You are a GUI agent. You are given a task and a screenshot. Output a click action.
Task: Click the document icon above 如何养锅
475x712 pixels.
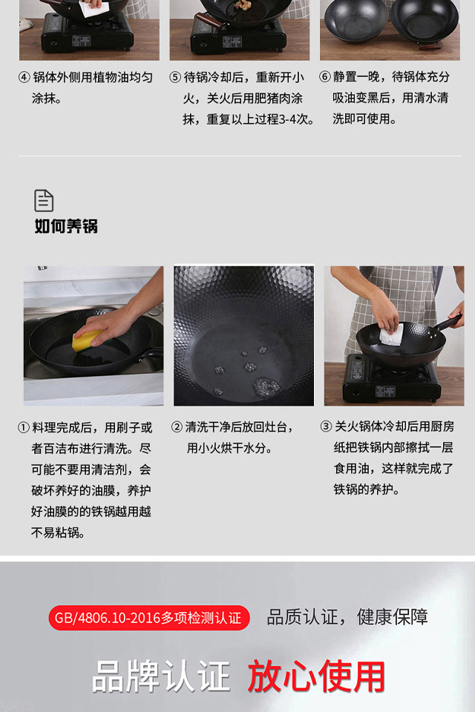pos(44,201)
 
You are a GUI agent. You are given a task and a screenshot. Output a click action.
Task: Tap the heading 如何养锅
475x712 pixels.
pos(66,225)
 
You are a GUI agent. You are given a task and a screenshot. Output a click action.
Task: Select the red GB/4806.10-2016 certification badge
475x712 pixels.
pos(149,618)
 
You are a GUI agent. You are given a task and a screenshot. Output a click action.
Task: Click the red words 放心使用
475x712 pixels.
pos(316,676)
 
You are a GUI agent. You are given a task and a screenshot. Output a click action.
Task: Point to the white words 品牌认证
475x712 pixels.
pos(161,676)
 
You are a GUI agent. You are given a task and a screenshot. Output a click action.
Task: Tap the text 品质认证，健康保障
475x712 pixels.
pos(347,617)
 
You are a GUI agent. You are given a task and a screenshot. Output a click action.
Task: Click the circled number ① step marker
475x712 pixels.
pos(24,428)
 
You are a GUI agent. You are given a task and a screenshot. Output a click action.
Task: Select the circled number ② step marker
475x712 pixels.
pos(177,427)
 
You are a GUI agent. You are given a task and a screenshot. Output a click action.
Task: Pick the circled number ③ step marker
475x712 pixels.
pos(326,426)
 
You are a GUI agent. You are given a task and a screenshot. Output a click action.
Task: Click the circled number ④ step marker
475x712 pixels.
pos(24,77)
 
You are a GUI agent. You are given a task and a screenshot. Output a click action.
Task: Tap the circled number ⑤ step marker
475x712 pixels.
pos(175,77)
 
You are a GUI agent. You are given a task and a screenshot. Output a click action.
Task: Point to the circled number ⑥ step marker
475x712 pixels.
pos(325,76)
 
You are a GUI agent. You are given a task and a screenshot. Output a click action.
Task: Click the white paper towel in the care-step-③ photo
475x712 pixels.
pos(391,335)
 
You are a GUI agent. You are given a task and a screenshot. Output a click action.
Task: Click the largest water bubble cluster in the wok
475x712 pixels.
pos(266,386)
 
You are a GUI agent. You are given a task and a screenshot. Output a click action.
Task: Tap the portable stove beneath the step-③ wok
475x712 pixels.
pos(391,379)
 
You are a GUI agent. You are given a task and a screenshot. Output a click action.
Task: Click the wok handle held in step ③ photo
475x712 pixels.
pos(448,322)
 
